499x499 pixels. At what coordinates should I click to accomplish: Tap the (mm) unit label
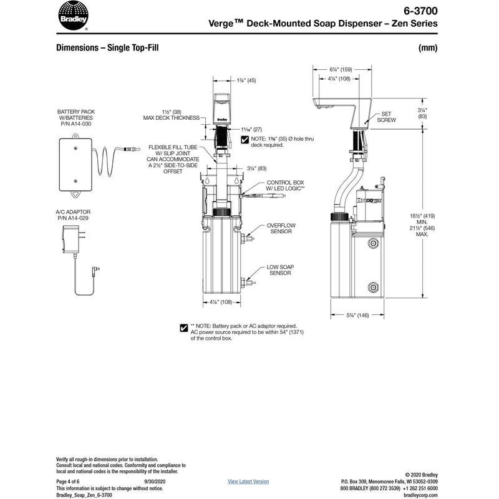pyautogui.click(x=428, y=47)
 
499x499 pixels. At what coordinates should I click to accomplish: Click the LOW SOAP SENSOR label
pyautogui.click(x=281, y=269)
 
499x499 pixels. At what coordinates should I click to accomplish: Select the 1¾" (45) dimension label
pyautogui.click(x=245, y=80)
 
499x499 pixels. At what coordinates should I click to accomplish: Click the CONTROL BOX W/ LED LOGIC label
pyautogui.click(x=285, y=185)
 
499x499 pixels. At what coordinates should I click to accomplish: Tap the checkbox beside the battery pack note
pyautogui.click(x=183, y=327)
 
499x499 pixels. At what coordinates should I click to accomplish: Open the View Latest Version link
pyautogui.click(x=248, y=482)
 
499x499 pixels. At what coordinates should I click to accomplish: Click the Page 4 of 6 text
pyautogui.click(x=70, y=482)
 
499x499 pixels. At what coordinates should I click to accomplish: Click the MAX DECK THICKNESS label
pyautogui.click(x=171, y=118)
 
